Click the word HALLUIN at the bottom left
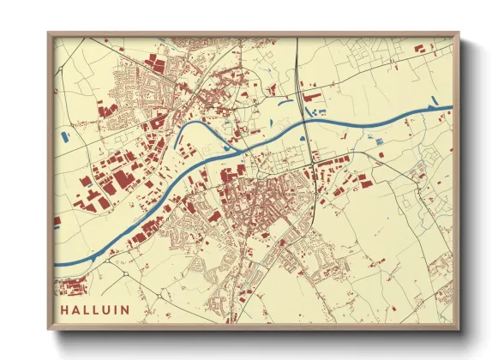tap(94, 309)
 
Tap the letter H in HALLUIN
tap(64, 309)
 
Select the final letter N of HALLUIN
tap(125, 309)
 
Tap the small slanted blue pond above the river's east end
tap(434, 105)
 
